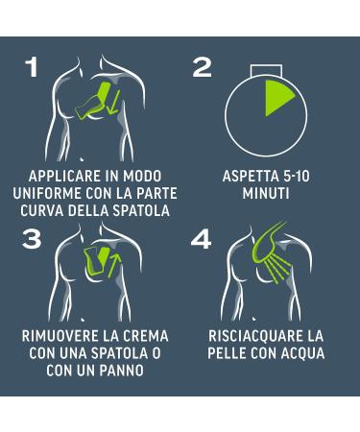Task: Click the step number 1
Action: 33,67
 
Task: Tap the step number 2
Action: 203,67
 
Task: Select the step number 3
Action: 32,240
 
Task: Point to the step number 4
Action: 202,240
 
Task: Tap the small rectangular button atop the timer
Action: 266,70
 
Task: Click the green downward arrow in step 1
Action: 113,103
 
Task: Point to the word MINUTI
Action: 266,193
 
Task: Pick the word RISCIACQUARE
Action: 255,336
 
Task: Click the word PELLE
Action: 227,353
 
